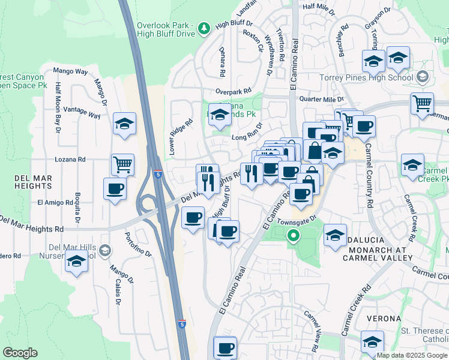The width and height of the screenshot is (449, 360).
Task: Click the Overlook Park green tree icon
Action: [203, 28]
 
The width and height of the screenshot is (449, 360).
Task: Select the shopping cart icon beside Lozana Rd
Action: [123, 164]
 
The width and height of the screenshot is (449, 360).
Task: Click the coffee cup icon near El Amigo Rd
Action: [115, 188]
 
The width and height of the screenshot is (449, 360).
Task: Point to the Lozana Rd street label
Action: [70, 160]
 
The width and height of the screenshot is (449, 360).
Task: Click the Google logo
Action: [20, 353]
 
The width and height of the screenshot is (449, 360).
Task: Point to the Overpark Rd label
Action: [234, 92]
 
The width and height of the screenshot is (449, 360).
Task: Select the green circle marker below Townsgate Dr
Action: [293, 236]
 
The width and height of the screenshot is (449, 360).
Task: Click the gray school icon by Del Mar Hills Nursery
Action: [105, 250]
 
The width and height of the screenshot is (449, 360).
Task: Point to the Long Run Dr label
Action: [247, 137]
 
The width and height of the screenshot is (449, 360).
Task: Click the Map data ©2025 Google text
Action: [411, 355]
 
